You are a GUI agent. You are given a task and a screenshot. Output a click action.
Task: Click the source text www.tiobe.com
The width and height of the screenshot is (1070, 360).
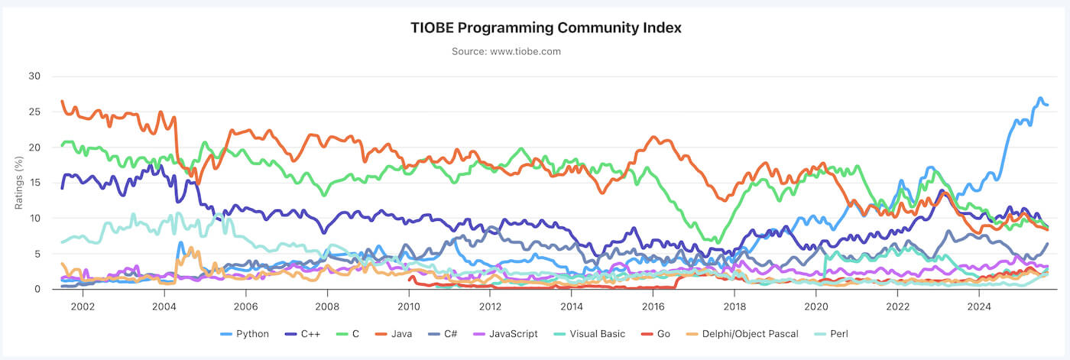click(506, 52)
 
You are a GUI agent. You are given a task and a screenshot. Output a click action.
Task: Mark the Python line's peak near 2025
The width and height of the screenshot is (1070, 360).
click(1040, 99)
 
